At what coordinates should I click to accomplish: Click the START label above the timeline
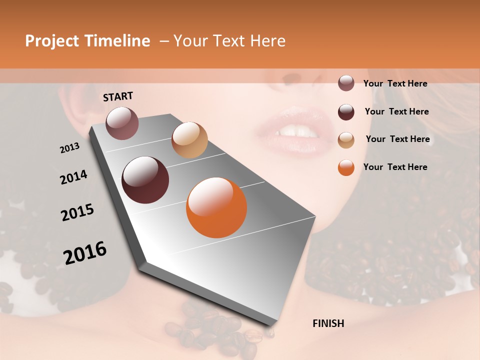tap(118, 96)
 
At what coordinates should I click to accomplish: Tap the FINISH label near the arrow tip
tap(328, 323)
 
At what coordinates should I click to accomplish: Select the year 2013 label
tap(69, 148)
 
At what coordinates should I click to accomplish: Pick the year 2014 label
tap(73, 177)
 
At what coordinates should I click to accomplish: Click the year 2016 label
tap(85, 252)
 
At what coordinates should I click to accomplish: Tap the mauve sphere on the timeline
tap(122, 122)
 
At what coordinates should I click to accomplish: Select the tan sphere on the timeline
tap(189, 140)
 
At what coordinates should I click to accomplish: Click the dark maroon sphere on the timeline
tap(145, 180)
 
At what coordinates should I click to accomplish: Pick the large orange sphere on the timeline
tap(216, 207)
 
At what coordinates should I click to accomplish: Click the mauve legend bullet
tap(346, 83)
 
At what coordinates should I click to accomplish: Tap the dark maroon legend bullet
tap(346, 111)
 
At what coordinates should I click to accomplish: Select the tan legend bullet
tap(346, 139)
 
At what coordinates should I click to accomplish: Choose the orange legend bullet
tap(346, 167)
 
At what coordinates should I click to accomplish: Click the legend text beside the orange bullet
tap(395, 167)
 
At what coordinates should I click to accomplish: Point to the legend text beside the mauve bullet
tap(395, 83)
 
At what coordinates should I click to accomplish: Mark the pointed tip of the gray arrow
tap(270, 326)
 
